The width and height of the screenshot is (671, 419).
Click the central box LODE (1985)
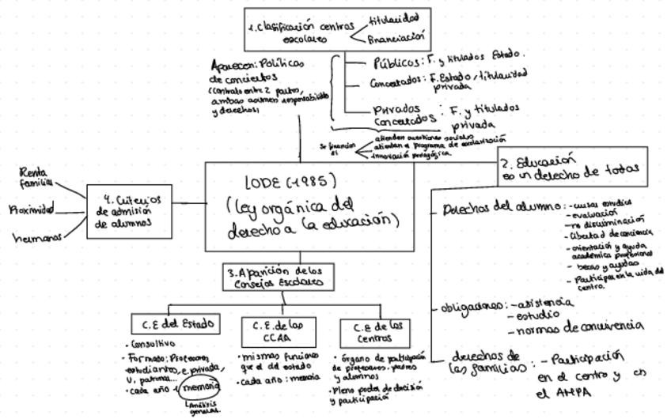tap(309, 207)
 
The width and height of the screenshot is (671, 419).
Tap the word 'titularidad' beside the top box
tap(394, 17)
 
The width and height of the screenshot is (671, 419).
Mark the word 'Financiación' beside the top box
tap(397, 36)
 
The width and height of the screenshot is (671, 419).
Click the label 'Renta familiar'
tap(35, 176)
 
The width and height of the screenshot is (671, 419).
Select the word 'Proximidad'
tap(32, 210)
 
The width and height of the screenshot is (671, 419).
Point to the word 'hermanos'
tap(37, 236)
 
